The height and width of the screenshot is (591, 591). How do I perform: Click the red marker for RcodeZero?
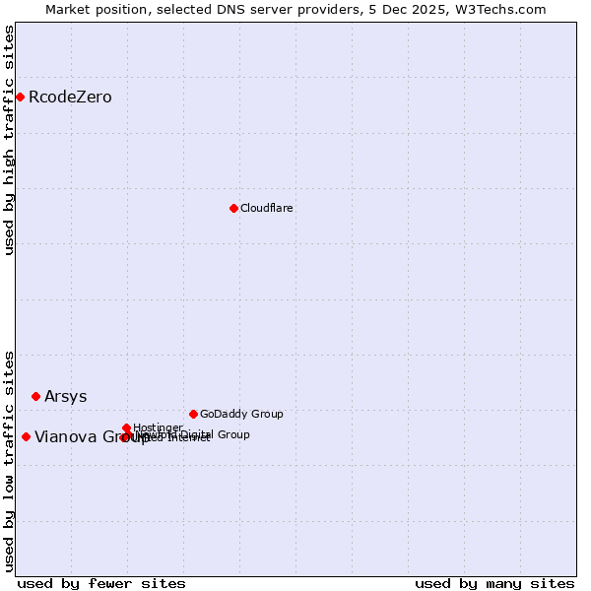tap(20, 97)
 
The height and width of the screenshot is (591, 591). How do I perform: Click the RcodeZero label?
tap(70, 98)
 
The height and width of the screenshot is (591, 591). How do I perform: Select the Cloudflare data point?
tap(233, 208)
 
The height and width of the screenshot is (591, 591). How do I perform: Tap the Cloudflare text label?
tap(267, 209)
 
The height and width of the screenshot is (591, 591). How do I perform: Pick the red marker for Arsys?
tap(35, 396)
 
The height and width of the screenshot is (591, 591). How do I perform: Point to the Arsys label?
tap(66, 397)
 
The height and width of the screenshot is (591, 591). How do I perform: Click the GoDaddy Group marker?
tap(193, 414)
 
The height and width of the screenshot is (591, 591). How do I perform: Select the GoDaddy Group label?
tap(241, 415)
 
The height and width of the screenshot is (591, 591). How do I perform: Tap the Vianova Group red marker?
tap(26, 436)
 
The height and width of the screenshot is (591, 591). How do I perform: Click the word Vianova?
tap(65, 437)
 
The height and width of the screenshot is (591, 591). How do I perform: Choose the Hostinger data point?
tap(127, 427)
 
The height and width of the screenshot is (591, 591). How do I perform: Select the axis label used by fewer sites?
tap(101, 583)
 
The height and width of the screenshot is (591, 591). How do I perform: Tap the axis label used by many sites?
tap(494, 583)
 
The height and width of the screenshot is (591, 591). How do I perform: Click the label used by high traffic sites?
tap(10, 140)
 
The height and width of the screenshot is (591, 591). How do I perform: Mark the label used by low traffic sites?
tap(10, 460)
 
